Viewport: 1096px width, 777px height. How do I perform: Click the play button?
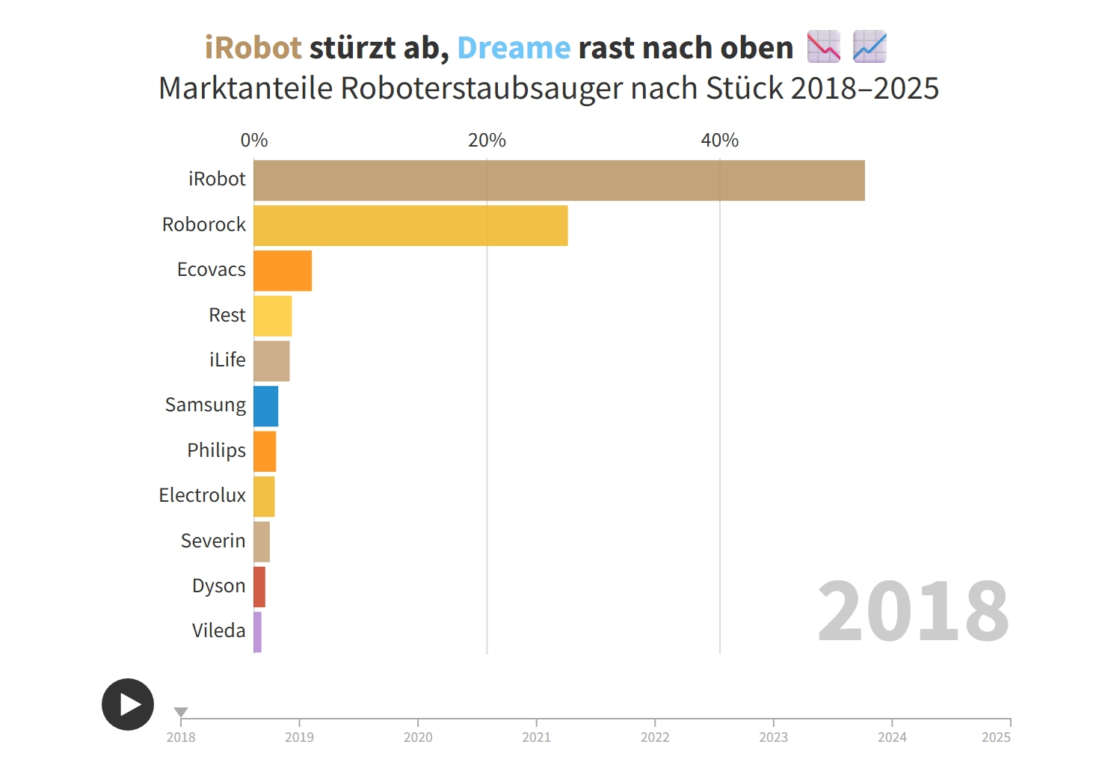click(x=128, y=704)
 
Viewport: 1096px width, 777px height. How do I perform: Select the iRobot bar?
click(x=558, y=180)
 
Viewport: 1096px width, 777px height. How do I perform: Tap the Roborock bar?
click(x=410, y=226)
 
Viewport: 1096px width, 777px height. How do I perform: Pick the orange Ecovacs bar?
click(x=283, y=271)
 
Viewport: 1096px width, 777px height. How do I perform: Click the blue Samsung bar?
click(x=265, y=406)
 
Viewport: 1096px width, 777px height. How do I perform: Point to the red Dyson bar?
click(x=259, y=587)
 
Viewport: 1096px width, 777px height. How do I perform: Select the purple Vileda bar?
click(x=257, y=632)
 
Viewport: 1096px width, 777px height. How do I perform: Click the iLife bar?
click(x=271, y=361)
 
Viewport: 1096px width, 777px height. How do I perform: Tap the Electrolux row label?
click(x=202, y=495)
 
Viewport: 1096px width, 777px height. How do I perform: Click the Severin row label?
click(x=213, y=541)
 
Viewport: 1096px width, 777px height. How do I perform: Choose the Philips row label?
click(x=216, y=450)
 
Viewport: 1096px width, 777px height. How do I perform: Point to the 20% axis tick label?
click(x=487, y=140)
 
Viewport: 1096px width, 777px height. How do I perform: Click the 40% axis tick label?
click(x=719, y=140)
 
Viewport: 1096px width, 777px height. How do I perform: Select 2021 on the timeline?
click(x=536, y=737)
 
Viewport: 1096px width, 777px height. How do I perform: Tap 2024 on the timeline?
click(x=892, y=737)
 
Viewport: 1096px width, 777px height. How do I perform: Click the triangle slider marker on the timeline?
click(x=181, y=712)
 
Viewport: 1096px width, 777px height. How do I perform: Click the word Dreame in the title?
click(x=514, y=48)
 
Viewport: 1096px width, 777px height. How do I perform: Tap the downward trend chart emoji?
click(x=824, y=46)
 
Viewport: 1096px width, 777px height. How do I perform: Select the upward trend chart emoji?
click(x=869, y=46)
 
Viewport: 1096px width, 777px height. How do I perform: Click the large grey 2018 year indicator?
click(x=913, y=612)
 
